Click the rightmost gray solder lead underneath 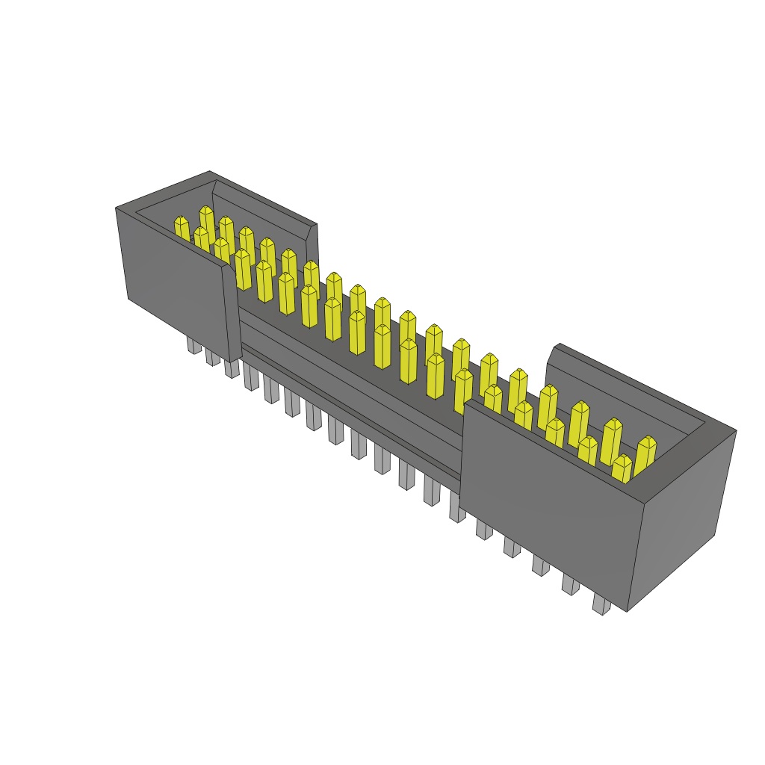click(x=601, y=604)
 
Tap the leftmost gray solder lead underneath click(x=193, y=344)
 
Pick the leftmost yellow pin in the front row click(x=182, y=228)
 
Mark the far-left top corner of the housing click(x=117, y=208)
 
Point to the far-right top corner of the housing click(x=735, y=430)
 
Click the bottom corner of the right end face click(x=628, y=610)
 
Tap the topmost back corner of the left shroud click(x=210, y=172)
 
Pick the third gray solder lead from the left click(x=232, y=368)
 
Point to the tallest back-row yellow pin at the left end click(x=207, y=223)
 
